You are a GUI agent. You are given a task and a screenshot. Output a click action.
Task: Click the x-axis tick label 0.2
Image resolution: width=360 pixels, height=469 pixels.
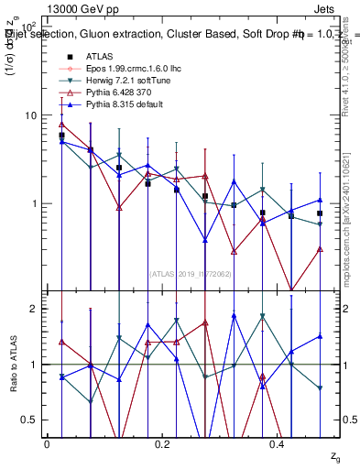point(163,443)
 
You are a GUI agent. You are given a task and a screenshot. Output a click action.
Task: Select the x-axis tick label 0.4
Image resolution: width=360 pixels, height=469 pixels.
point(278,443)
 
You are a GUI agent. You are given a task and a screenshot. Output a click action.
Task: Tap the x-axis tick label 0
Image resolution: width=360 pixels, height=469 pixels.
point(48,443)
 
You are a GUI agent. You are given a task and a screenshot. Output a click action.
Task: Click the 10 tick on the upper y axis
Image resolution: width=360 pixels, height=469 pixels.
point(31,115)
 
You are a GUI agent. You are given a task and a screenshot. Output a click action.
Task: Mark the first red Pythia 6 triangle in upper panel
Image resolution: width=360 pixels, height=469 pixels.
point(61,125)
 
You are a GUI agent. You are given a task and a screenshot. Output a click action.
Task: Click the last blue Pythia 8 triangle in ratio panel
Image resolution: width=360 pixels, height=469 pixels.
point(320,336)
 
